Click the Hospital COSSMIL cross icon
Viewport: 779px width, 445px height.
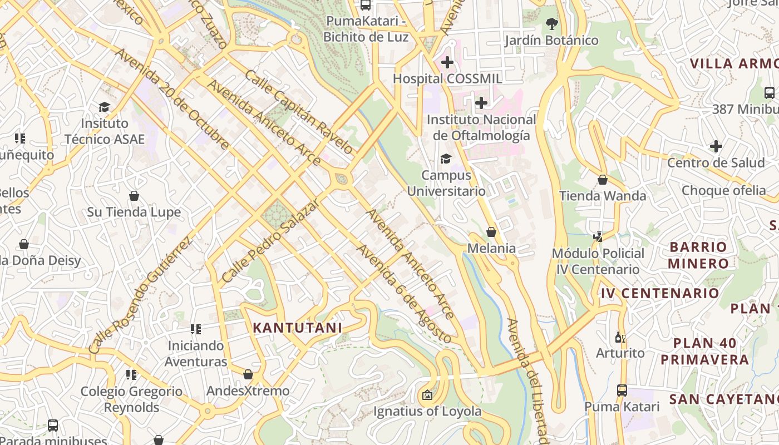point(447,62)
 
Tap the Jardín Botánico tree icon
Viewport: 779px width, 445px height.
point(551,24)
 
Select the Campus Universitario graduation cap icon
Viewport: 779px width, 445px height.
point(446,159)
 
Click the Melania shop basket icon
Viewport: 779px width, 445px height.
point(491,232)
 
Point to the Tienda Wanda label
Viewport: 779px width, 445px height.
point(603,196)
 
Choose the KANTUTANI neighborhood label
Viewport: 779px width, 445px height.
point(298,328)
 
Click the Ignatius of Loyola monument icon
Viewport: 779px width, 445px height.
point(427,395)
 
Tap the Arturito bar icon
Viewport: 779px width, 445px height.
point(620,337)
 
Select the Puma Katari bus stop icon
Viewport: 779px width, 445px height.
point(622,390)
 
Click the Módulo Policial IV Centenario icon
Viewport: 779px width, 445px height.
point(598,237)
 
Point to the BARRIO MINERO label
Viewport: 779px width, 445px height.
point(698,255)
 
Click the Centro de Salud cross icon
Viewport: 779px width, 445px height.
point(716,147)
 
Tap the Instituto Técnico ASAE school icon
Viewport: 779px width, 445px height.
point(104,107)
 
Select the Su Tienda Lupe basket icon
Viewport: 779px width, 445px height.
point(134,196)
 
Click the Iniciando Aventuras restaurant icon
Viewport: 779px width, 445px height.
point(195,329)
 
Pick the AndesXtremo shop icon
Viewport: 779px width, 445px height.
point(248,374)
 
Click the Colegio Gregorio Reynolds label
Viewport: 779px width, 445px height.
point(131,399)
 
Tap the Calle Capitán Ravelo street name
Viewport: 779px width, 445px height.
point(298,112)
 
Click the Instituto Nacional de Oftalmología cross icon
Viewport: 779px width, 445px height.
point(481,103)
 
